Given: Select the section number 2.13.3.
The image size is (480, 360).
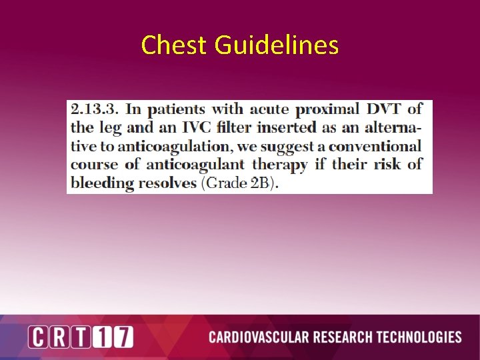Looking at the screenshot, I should click(x=95, y=109).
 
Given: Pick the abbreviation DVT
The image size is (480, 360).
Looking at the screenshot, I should click(x=387, y=109).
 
